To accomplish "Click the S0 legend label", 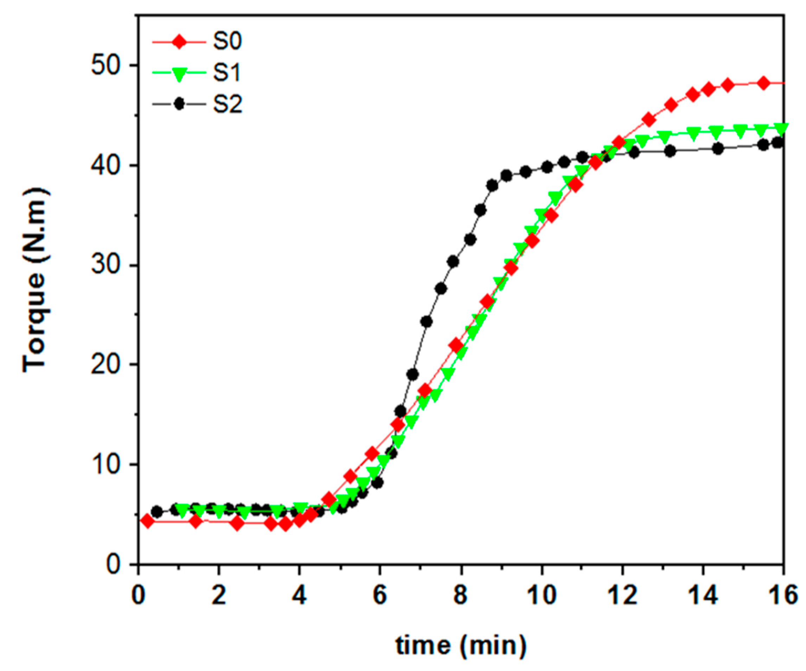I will pos(227,42).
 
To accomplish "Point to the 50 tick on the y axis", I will pos(104,66).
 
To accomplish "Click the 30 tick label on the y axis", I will pos(104,266).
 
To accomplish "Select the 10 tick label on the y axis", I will pos(104,465).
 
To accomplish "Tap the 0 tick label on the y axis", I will pos(113,564).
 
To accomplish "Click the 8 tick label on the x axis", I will pos(461,596).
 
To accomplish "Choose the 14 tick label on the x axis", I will pos(703,596).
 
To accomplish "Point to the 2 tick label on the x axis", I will pos(218,596).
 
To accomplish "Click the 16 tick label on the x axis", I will pos(783,596).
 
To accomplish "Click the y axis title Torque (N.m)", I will pos(35,280).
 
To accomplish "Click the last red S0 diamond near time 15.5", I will pos(763,83).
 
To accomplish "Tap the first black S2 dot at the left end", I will pos(157,512).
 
